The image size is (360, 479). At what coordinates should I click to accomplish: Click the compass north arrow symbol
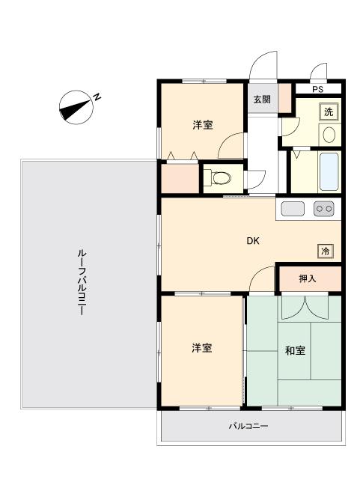tap(76, 107)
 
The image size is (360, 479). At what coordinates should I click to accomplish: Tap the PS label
tap(317, 89)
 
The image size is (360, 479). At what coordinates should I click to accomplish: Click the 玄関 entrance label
tap(262, 100)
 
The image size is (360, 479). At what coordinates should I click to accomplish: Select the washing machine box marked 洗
tap(329, 112)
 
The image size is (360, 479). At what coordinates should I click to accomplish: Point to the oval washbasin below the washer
tap(329, 135)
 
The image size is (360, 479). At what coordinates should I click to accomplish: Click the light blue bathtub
tap(329, 171)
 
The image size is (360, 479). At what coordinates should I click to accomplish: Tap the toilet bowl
tap(222, 178)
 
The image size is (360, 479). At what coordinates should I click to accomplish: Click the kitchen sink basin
tap(293, 209)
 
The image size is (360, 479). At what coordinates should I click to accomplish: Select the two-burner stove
tap(323, 209)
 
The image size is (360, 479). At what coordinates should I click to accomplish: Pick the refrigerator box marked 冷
tap(325, 251)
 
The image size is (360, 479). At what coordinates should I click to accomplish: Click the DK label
tap(253, 241)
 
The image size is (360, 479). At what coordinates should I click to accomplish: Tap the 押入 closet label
tap(307, 278)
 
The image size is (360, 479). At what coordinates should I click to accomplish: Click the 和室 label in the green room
tap(295, 350)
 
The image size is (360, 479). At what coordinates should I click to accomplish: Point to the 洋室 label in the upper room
tap(203, 125)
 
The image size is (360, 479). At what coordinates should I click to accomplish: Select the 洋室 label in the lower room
tap(201, 348)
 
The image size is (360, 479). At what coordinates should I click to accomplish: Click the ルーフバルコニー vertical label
tap(81, 282)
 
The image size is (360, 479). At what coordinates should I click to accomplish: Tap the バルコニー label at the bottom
tap(248, 426)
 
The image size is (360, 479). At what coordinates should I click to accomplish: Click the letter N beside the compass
tap(97, 97)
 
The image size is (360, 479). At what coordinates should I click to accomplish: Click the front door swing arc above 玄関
tap(263, 65)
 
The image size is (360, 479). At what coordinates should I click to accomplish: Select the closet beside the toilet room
tap(180, 179)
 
